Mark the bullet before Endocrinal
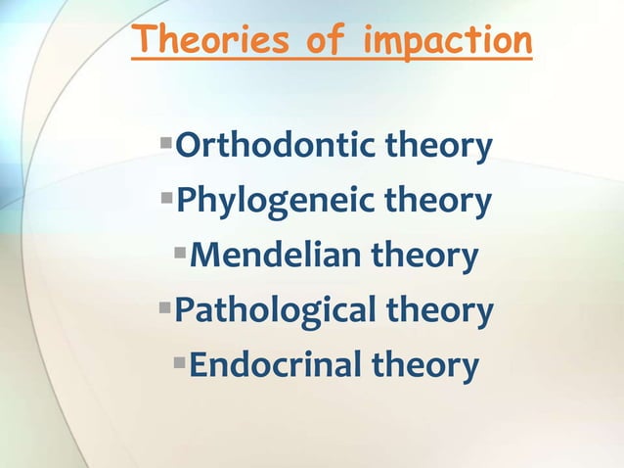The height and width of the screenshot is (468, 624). click(180, 363)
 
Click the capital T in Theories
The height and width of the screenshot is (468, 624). click(145, 40)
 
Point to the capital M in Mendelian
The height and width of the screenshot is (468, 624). click(205, 257)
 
